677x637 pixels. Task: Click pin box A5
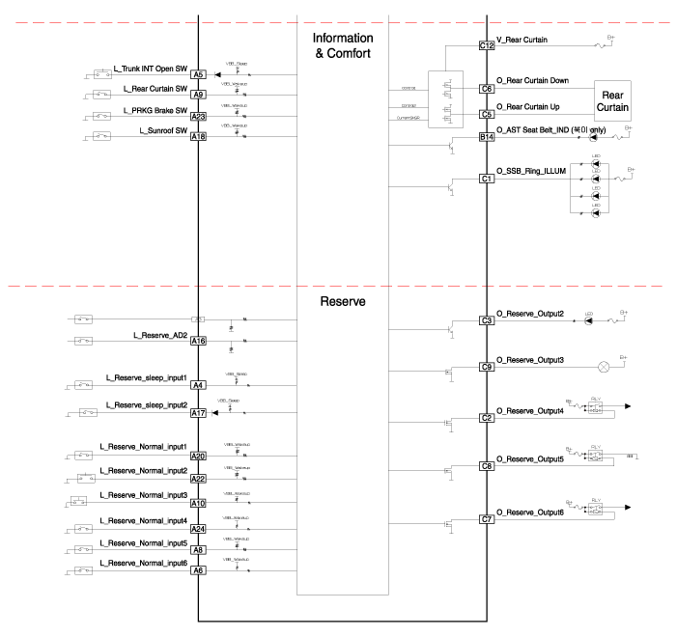pyautogui.click(x=198, y=74)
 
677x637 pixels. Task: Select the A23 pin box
pyautogui.click(x=198, y=117)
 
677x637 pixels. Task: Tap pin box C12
pyautogui.click(x=487, y=45)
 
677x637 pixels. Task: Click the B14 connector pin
pyautogui.click(x=487, y=138)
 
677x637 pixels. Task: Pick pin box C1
pyautogui.click(x=487, y=180)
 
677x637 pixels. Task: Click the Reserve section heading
pyautogui.click(x=343, y=300)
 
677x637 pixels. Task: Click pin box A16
pyautogui.click(x=198, y=341)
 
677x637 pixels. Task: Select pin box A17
pyautogui.click(x=198, y=413)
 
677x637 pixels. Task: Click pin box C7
pyautogui.click(x=487, y=520)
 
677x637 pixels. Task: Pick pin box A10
pyautogui.click(x=198, y=503)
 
